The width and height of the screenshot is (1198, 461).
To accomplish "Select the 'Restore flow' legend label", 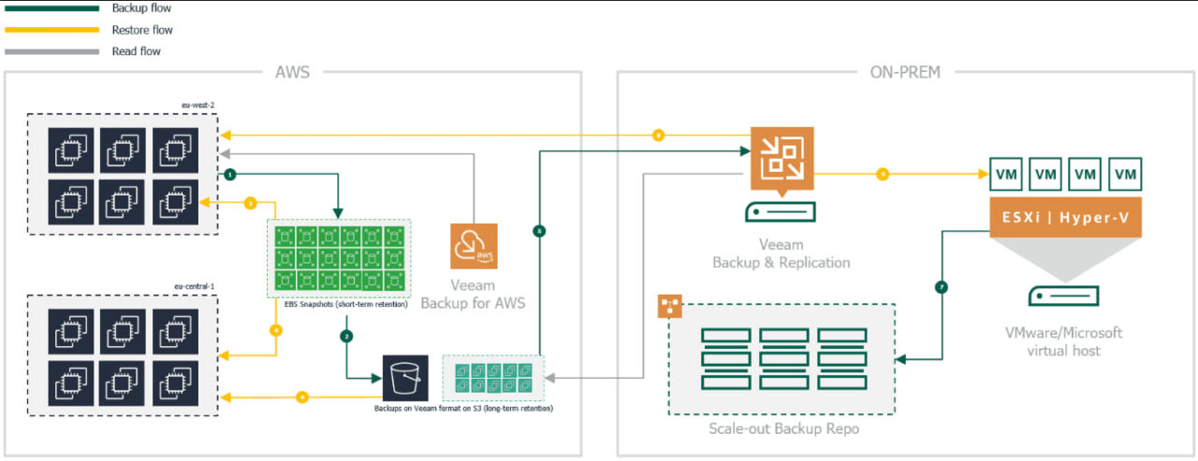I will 142,30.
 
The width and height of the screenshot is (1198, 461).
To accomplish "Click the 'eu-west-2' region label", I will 198,106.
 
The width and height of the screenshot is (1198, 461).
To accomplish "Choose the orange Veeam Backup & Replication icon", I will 782,155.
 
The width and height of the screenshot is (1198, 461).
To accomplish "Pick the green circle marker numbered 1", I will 229,175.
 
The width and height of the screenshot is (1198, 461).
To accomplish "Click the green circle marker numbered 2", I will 346,335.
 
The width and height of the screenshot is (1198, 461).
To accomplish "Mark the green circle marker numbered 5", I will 538,230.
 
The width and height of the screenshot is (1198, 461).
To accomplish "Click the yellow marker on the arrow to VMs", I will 882,175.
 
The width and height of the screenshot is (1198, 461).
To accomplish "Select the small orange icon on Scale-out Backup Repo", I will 668,305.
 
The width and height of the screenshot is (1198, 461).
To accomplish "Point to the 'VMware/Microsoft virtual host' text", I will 1063,342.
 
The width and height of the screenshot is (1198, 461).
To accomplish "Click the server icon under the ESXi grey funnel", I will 1063,296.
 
